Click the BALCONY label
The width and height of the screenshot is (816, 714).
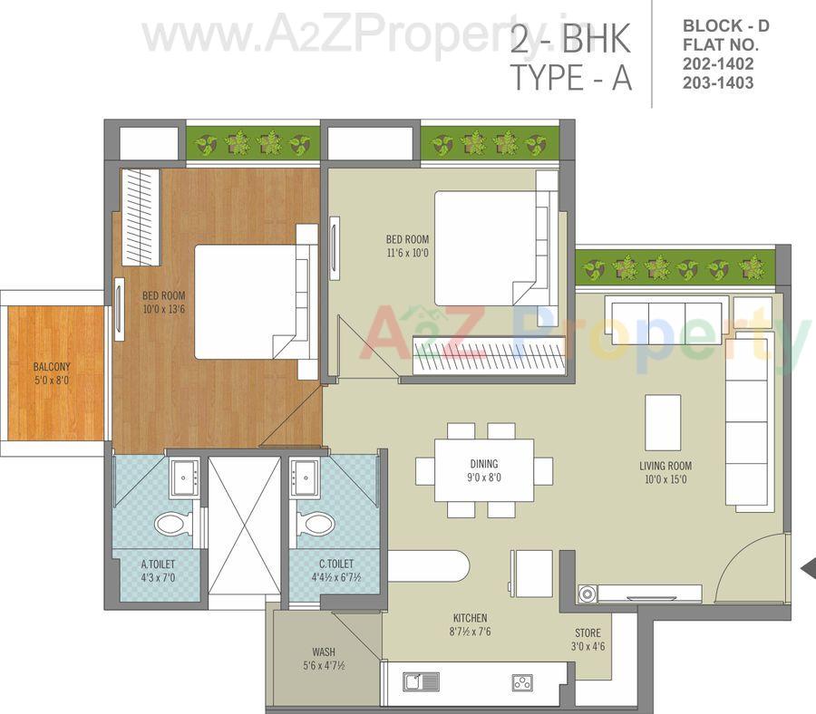click(52, 367)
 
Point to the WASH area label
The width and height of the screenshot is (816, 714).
click(324, 651)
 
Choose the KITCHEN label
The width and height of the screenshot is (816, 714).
click(467, 618)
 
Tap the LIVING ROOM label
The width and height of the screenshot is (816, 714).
click(665, 466)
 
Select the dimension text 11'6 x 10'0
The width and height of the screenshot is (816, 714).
click(407, 253)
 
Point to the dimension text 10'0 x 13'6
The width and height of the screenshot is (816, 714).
click(163, 308)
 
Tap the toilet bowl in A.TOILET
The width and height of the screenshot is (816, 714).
click(172, 523)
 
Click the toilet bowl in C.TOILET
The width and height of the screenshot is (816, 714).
click(314, 523)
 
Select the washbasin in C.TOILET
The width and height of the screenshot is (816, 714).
click(303, 477)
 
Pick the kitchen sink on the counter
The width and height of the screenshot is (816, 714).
click(422, 681)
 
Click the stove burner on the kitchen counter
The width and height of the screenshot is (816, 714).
click(522, 681)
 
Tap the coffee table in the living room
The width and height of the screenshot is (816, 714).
click(663, 421)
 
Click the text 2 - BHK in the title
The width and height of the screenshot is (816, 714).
click(569, 41)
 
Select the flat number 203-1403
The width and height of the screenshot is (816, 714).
click(719, 82)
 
